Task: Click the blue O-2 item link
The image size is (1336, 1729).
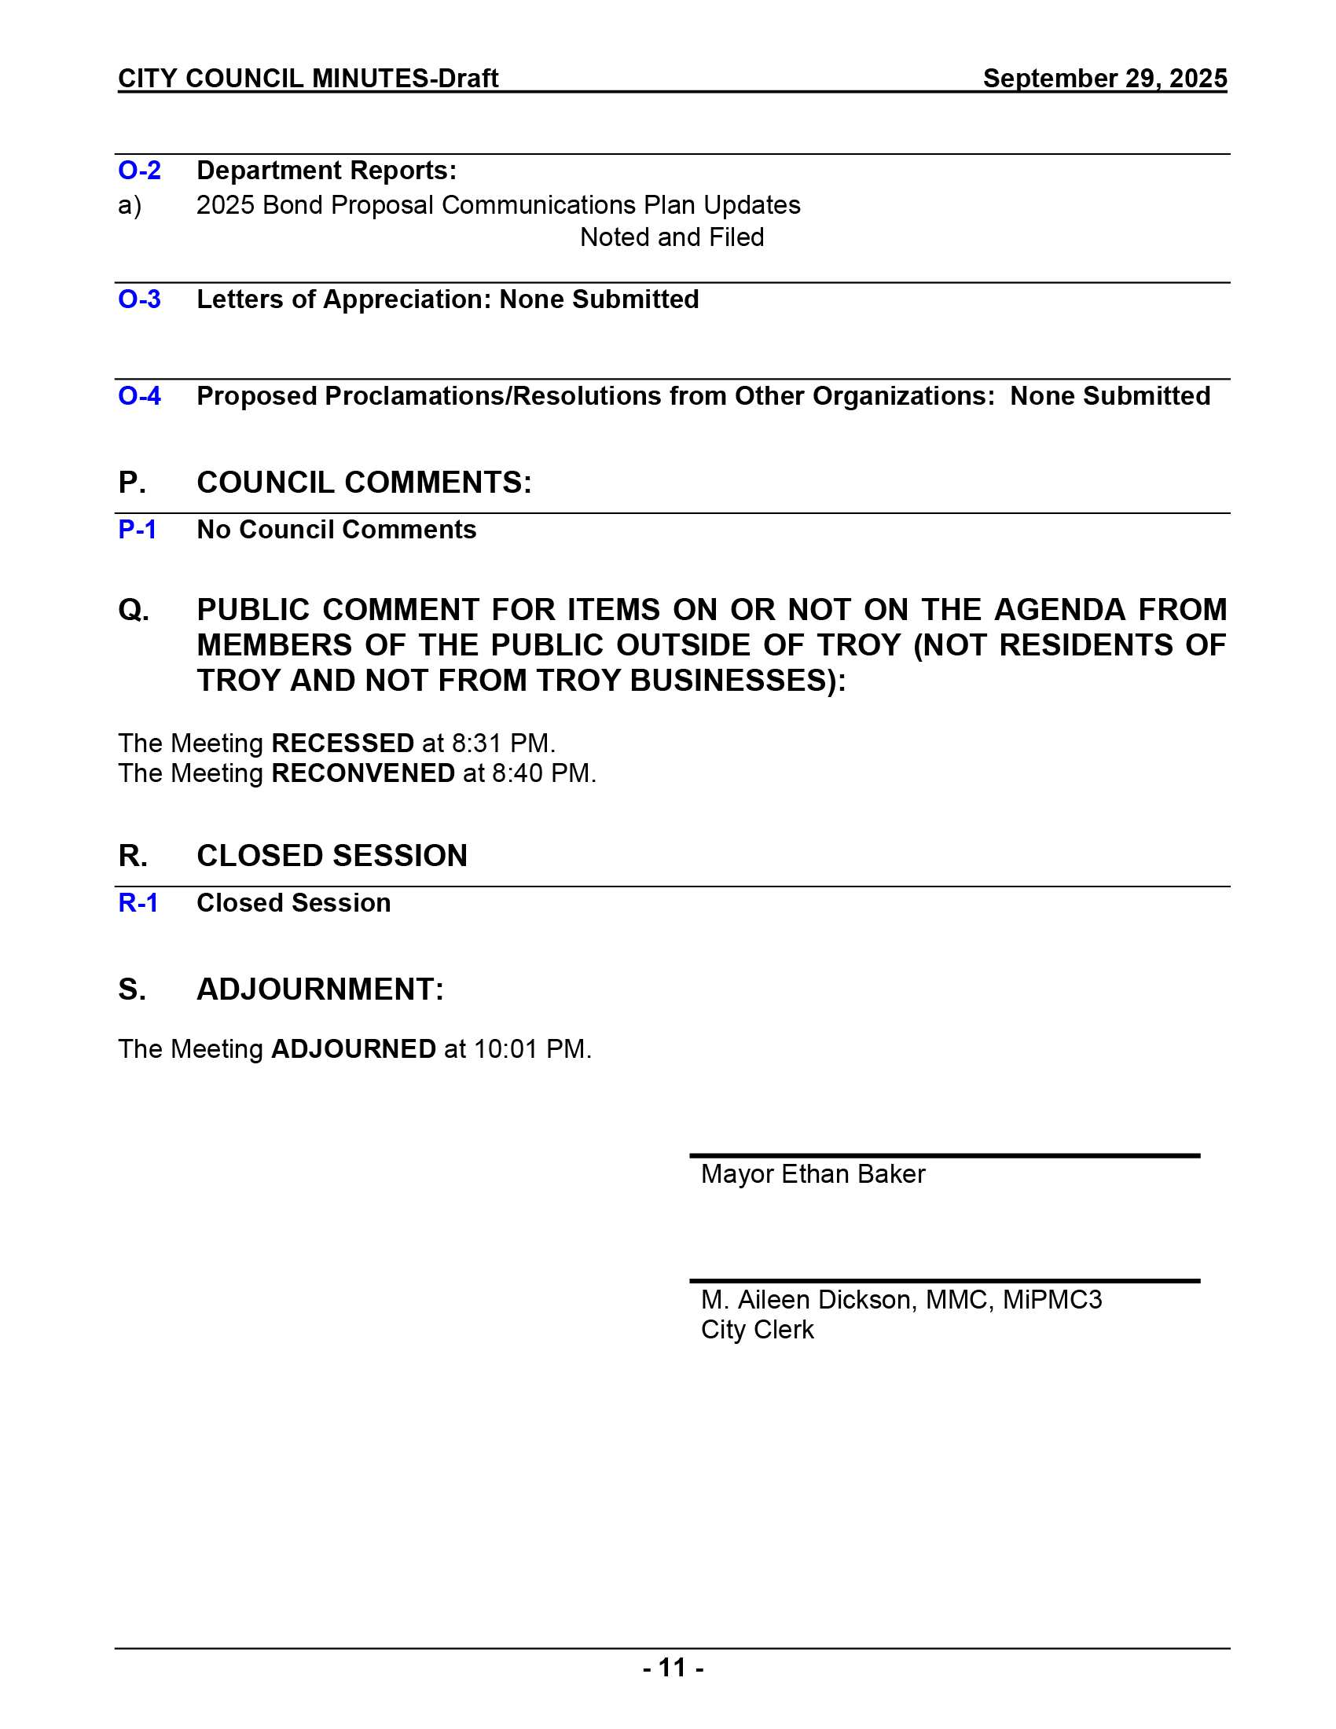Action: pos(139,171)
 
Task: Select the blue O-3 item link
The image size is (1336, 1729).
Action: pos(139,299)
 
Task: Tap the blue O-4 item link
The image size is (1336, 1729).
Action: pos(139,396)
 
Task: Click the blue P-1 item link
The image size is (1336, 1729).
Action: pos(138,530)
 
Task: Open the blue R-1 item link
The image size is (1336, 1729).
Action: pos(138,902)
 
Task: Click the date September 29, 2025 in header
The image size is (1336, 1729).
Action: pos(1105,79)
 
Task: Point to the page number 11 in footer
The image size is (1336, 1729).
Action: pos(673,1667)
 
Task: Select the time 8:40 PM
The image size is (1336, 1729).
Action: pos(544,773)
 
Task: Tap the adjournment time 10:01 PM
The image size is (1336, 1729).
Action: pos(532,1049)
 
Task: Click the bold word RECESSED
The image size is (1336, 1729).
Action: pos(343,743)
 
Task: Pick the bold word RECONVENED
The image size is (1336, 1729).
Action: pos(363,773)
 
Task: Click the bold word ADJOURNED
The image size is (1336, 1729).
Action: pos(353,1049)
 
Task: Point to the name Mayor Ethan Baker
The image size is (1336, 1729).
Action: pos(813,1174)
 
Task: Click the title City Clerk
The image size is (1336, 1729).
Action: pos(758,1329)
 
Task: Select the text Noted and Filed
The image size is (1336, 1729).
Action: pos(672,237)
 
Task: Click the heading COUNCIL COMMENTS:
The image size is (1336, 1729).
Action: pos(364,483)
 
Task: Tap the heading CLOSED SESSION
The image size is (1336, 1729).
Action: pos(332,856)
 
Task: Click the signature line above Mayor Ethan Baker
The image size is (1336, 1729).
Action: pos(944,1156)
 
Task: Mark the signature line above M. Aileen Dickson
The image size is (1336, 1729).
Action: pos(944,1281)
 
